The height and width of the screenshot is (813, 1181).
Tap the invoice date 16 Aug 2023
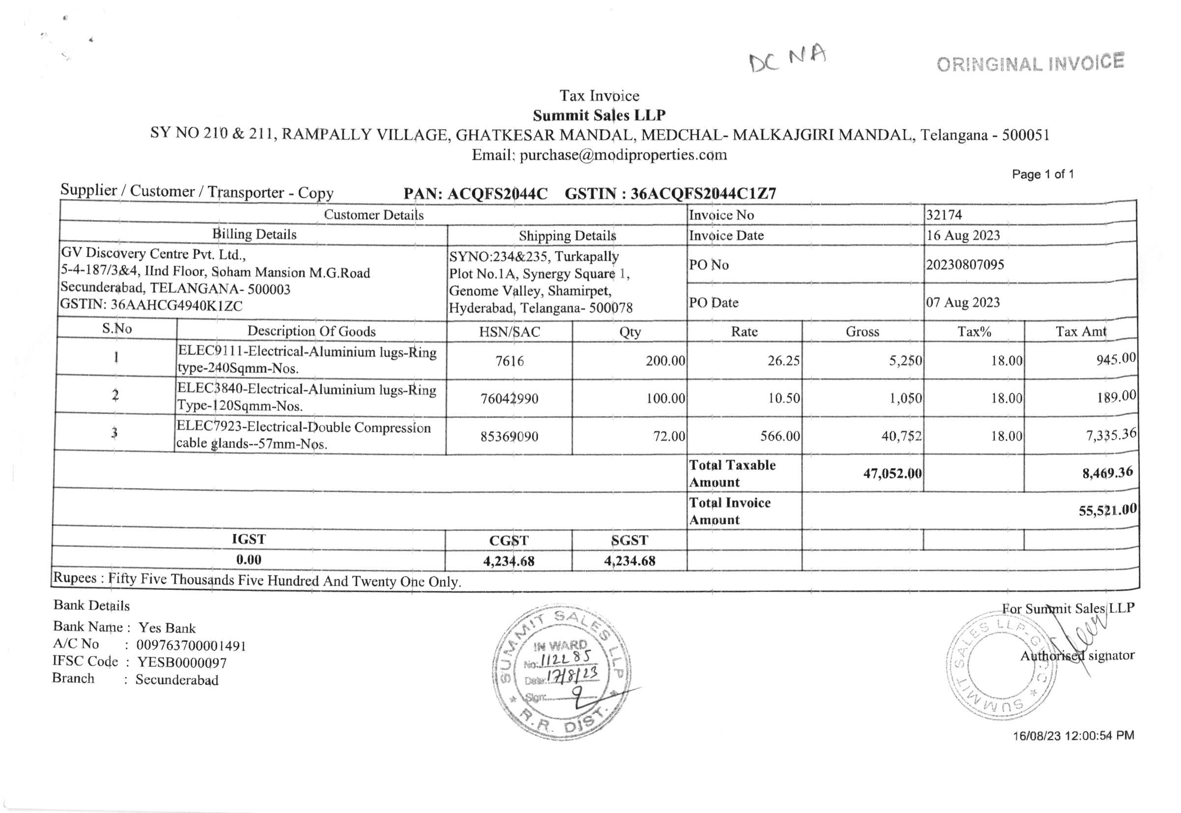963,235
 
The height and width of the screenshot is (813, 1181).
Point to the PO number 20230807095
965,265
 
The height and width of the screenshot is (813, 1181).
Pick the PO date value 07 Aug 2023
963,302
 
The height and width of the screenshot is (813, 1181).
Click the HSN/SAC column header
509,332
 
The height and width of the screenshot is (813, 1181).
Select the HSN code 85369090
509,437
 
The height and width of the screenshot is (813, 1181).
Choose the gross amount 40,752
901,436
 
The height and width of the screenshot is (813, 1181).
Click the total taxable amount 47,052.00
893,474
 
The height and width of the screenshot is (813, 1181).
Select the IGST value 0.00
248,560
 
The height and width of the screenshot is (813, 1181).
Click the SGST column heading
630,541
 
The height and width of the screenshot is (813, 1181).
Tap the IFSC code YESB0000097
182,663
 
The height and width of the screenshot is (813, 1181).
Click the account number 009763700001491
191,646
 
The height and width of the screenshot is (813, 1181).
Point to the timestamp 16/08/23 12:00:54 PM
1073,736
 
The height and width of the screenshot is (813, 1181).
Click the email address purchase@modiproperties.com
623,155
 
